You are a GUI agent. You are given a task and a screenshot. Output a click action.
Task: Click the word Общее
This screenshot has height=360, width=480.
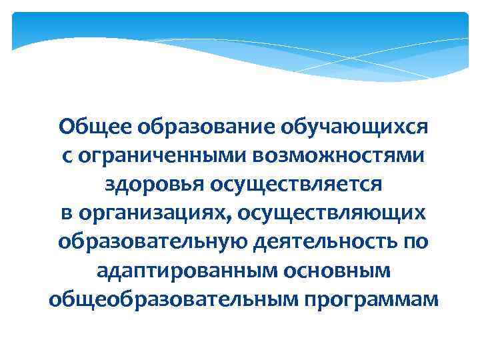coord(89,126)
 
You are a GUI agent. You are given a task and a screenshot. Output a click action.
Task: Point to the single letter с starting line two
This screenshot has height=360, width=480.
coord(67,155)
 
